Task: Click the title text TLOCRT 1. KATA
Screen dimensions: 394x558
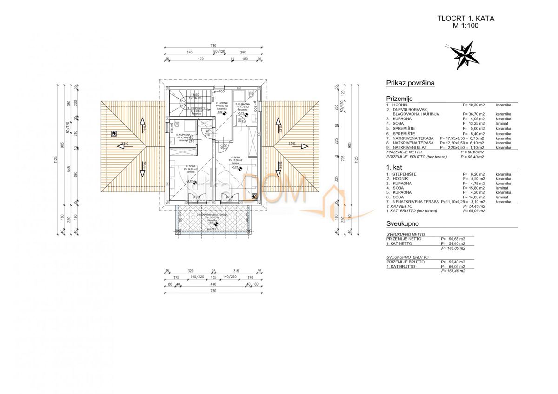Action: [465, 19]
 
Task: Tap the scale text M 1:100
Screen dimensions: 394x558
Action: [465, 26]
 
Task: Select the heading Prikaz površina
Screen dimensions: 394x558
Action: [410, 83]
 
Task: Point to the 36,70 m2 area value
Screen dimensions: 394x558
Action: [474, 114]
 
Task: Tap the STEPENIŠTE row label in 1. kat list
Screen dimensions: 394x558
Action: [406, 174]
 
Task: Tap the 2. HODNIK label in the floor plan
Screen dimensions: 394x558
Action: [221, 103]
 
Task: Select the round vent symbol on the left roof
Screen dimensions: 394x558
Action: [113, 134]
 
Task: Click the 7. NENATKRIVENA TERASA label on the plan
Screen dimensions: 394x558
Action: [212, 216]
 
